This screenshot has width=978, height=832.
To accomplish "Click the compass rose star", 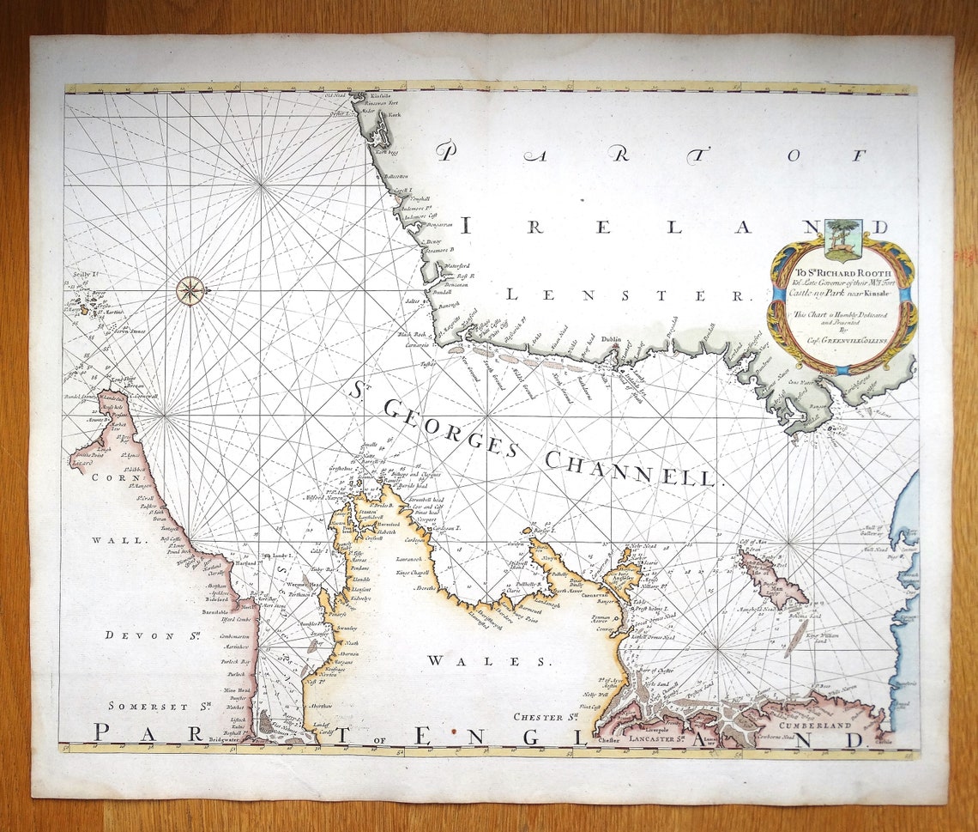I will tap(190, 290).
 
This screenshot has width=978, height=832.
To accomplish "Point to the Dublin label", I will tap(612, 340).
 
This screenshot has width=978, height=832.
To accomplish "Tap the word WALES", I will tap(486, 660).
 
